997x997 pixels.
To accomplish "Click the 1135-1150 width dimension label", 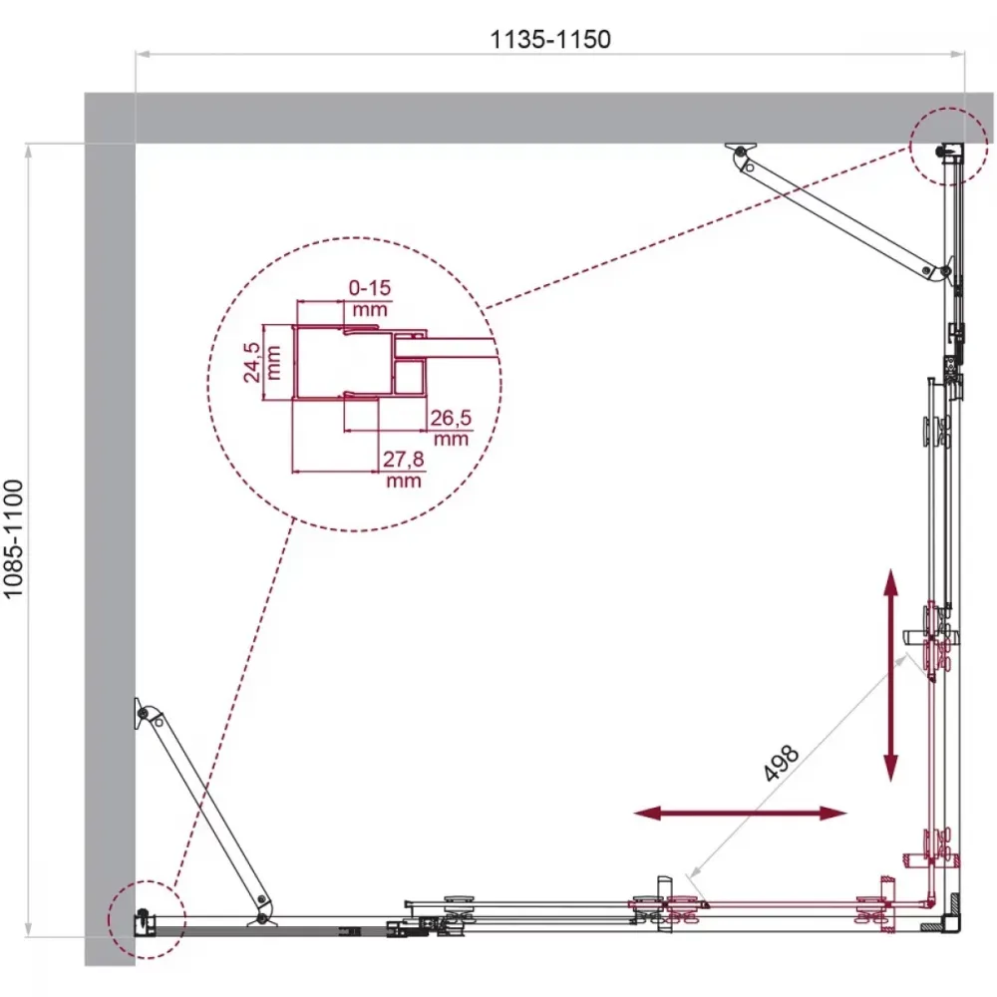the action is (x=550, y=40).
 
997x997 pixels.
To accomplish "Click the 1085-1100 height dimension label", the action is (x=13, y=539).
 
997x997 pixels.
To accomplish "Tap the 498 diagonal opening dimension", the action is (x=781, y=762).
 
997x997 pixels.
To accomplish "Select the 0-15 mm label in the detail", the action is (x=370, y=298).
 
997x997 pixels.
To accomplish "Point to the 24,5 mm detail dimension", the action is (x=261, y=363).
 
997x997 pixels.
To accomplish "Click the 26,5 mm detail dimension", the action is (x=451, y=428).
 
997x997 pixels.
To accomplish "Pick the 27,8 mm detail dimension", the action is (x=403, y=469).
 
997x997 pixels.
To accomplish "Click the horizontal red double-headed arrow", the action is (x=741, y=813).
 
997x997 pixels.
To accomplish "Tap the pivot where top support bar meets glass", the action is (x=944, y=271).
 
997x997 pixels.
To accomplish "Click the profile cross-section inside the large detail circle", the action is (x=359, y=363).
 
